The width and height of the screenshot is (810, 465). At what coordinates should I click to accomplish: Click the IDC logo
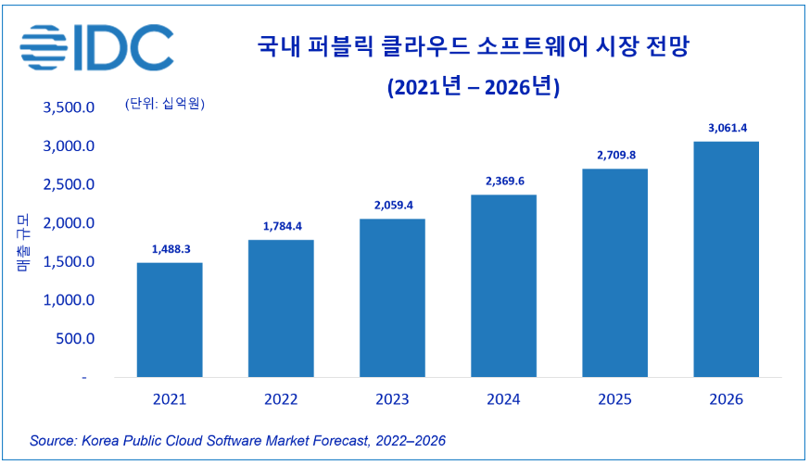[97, 45]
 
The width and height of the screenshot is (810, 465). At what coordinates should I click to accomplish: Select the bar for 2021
[170, 320]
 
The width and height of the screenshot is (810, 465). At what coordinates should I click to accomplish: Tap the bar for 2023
[392, 297]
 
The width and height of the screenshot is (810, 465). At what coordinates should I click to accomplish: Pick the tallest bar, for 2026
[726, 259]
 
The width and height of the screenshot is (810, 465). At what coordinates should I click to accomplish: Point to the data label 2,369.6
[503, 181]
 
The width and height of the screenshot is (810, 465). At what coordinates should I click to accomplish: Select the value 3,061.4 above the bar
[726, 128]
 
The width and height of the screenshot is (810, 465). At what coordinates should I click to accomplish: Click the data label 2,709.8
[614, 155]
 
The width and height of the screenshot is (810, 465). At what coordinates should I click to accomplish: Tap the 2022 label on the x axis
[281, 400]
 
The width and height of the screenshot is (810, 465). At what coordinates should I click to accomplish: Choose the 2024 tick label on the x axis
[503, 400]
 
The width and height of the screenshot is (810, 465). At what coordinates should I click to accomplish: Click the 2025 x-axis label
[614, 400]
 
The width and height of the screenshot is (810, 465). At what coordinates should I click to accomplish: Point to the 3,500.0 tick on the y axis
[69, 107]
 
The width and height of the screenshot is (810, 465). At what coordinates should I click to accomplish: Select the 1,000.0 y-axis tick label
[69, 300]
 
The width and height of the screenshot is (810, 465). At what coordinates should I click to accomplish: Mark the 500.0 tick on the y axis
[76, 339]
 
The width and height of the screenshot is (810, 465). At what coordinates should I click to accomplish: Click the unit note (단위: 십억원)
[164, 103]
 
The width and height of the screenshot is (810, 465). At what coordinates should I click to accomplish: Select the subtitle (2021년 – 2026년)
[473, 87]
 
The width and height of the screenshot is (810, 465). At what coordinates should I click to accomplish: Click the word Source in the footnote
[53, 439]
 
